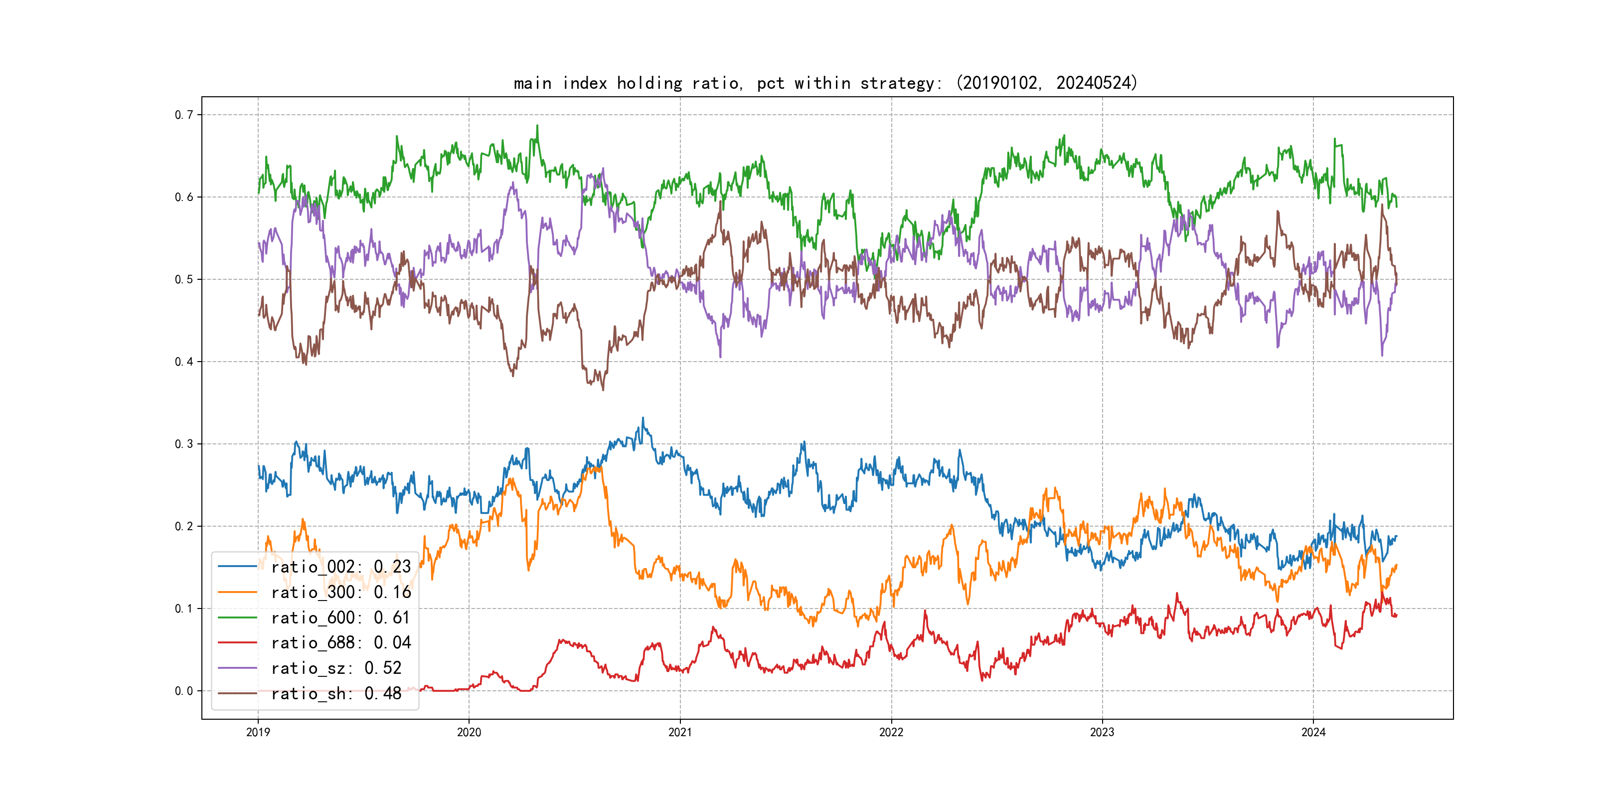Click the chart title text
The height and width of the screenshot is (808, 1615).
[825, 83]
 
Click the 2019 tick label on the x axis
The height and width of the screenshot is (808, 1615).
[258, 732]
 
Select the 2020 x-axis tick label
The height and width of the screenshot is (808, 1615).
[469, 732]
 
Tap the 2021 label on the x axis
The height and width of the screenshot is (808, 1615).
[680, 732]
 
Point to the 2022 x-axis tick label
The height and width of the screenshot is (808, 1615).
[891, 732]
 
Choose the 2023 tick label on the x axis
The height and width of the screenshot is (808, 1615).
[1102, 732]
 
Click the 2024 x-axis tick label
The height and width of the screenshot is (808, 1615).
[1313, 732]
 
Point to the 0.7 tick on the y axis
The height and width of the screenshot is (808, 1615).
[184, 115]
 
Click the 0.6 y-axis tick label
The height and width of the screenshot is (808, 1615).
[184, 197]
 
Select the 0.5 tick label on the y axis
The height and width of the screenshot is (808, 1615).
[184, 279]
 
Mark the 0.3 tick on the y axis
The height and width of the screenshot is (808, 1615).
[184, 444]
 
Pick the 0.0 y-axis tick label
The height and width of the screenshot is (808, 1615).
[184, 691]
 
